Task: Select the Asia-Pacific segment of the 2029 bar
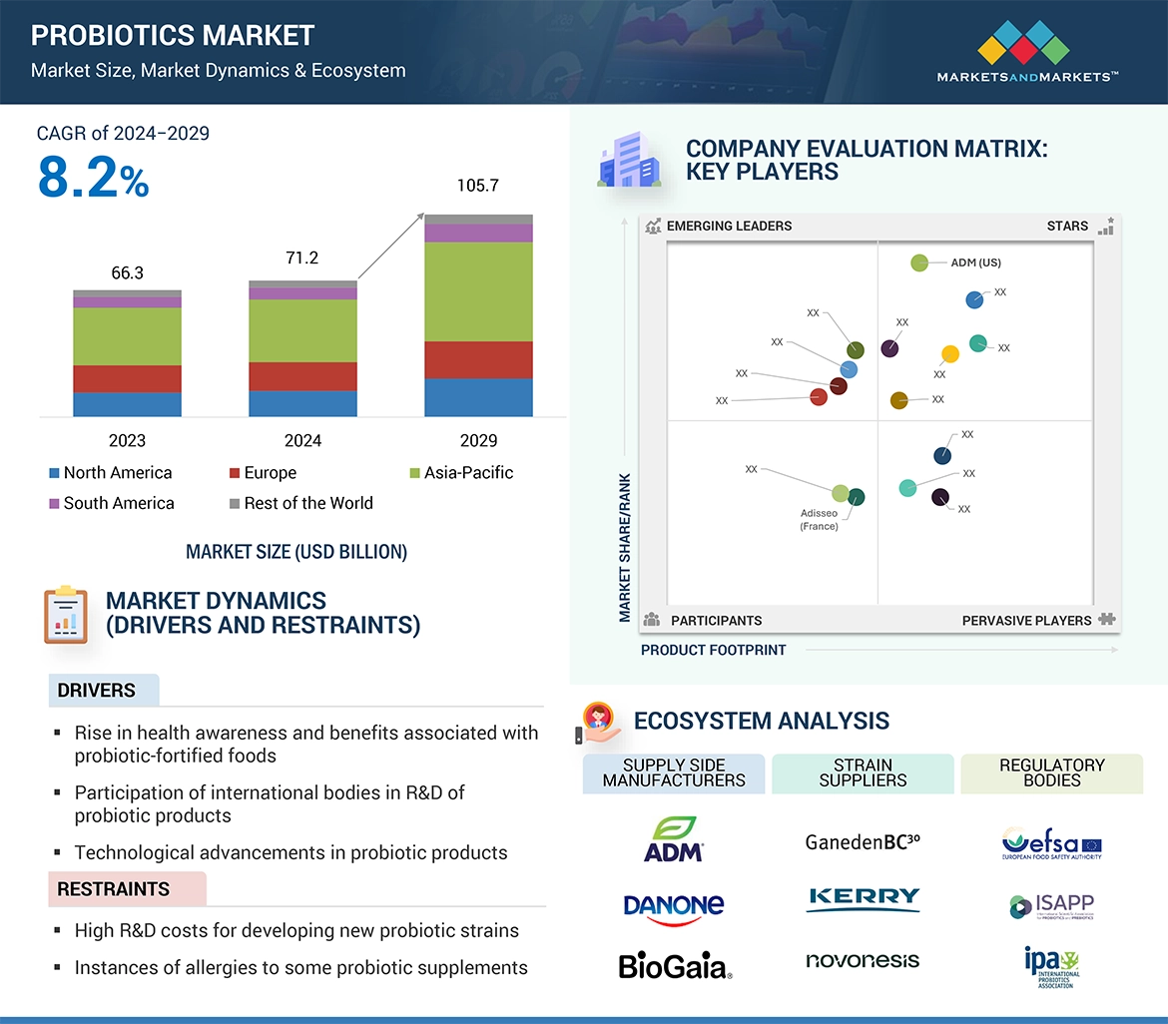(478, 291)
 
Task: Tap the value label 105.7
(478, 186)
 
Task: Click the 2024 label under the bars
(302, 440)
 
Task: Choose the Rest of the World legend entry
(300, 503)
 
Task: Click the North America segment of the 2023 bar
(127, 403)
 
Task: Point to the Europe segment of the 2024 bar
(302, 376)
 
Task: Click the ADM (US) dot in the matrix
(919, 262)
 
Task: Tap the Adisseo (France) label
(819, 520)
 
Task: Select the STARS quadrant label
(1067, 226)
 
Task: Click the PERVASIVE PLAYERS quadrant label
(1026, 621)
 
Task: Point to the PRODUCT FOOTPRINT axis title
(713, 650)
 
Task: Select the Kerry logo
(863, 898)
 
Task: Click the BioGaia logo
(674, 965)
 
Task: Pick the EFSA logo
(1051, 843)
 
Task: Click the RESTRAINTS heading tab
(114, 889)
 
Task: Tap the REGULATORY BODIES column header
(1051, 772)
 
